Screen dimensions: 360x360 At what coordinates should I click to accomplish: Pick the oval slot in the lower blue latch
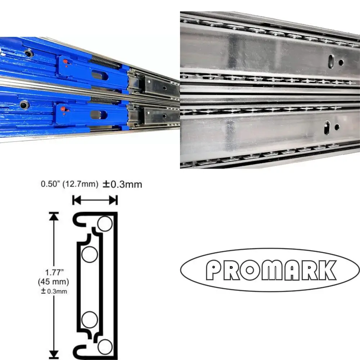click(x=98, y=115)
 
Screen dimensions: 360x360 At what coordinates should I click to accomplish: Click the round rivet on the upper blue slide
click(x=28, y=54)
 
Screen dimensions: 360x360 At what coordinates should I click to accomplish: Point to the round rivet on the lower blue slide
click(x=24, y=105)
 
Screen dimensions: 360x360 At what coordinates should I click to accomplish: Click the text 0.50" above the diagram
click(x=50, y=185)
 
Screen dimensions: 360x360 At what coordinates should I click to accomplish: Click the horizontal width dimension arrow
click(x=95, y=200)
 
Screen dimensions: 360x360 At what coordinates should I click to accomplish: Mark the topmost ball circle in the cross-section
click(x=105, y=224)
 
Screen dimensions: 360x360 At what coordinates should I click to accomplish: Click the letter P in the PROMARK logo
click(x=213, y=270)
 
